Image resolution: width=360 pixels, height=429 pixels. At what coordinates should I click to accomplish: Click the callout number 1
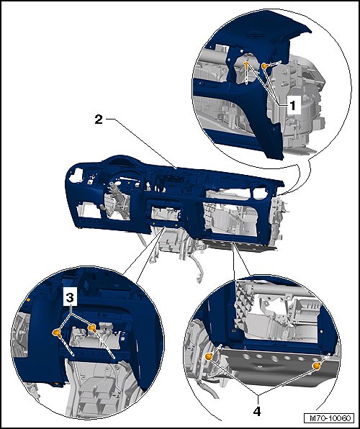[292, 105]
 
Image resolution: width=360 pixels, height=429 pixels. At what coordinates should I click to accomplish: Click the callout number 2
[99, 119]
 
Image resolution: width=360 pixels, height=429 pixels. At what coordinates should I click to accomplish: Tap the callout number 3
[70, 297]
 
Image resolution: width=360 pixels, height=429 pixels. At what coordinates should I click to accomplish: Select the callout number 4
[257, 411]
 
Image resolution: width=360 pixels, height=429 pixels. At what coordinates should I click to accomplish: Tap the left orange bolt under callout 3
[57, 333]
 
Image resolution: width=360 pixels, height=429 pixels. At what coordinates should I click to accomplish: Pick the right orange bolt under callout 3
[92, 328]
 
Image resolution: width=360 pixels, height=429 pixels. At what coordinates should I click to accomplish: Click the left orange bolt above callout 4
[209, 356]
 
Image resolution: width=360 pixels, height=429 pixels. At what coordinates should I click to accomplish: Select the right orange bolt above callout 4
[317, 366]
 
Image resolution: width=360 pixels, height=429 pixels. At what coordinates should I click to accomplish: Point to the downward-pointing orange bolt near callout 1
[247, 65]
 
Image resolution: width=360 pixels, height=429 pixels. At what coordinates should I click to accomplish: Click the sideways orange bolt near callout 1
[265, 66]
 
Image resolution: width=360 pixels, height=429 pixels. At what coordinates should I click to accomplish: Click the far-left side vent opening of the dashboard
[76, 175]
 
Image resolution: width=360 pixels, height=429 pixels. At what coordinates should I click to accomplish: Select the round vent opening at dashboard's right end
[260, 193]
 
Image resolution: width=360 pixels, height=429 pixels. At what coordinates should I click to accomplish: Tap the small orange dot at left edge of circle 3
[28, 300]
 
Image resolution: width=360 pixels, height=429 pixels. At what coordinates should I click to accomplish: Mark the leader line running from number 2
[141, 143]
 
